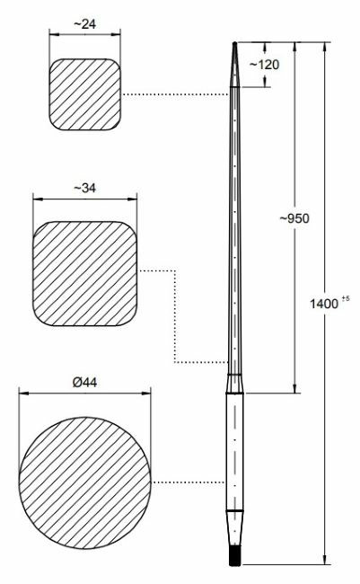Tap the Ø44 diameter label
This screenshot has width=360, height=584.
pyautogui.click(x=84, y=382)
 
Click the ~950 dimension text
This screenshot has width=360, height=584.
pyautogui.click(x=294, y=218)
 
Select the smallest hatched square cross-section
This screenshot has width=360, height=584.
pyautogui.click(x=84, y=94)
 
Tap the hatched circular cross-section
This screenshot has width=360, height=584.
pyautogui.click(x=84, y=482)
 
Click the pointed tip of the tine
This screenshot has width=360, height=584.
pyautogui.click(x=234, y=45)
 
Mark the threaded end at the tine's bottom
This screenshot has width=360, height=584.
pyautogui.click(x=234, y=558)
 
